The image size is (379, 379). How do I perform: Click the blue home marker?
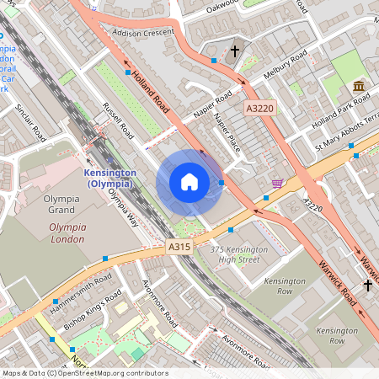click(x=189, y=182)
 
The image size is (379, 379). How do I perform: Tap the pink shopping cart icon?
click(x=277, y=183)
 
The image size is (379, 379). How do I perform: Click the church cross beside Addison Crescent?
click(x=235, y=51)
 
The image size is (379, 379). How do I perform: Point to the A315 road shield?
click(x=179, y=247)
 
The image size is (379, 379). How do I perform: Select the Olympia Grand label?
click(x=61, y=206)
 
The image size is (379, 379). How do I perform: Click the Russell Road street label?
click(x=118, y=120)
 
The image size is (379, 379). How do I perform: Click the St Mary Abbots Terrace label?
click(x=345, y=135)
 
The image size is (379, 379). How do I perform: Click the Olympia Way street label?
click(x=124, y=207)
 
